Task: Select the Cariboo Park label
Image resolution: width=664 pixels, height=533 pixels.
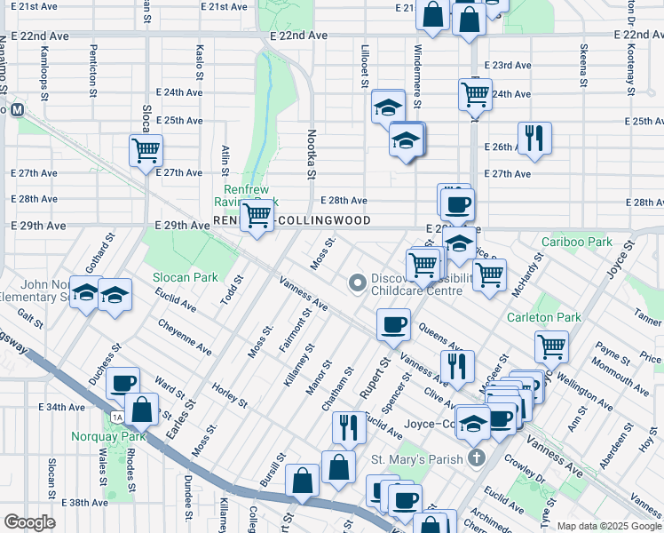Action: click(x=577, y=242)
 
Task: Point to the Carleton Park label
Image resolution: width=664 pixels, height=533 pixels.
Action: click(x=543, y=317)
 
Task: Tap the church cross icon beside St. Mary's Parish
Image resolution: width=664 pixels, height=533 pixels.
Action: click(x=477, y=458)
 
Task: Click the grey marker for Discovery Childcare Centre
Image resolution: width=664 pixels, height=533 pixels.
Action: click(x=358, y=283)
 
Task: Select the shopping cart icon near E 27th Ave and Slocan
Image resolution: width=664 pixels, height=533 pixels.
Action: click(x=146, y=149)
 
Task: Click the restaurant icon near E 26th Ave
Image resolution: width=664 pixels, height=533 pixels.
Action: click(x=534, y=138)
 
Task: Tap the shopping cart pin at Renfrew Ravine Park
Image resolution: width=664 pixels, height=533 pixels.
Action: click(x=257, y=213)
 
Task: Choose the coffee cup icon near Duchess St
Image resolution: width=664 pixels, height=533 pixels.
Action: click(x=123, y=383)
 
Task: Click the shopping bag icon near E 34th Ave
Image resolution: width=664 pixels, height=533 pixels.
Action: click(x=141, y=410)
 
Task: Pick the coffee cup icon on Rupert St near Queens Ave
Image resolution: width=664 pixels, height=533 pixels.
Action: click(x=393, y=324)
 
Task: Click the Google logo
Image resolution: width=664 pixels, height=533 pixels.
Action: click(x=29, y=521)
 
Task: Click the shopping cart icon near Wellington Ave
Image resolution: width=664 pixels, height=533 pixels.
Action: click(x=551, y=346)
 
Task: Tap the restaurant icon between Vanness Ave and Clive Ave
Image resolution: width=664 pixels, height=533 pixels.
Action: click(x=457, y=365)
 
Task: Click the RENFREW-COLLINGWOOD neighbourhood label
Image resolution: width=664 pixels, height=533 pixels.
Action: click(x=291, y=219)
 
